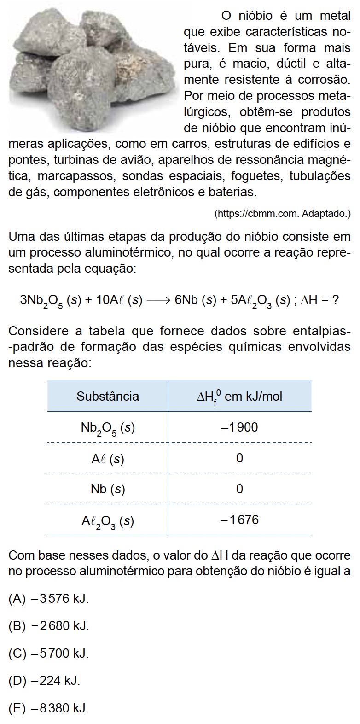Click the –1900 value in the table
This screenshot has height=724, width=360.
pos(239,427)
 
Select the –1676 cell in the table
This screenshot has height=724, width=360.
pos(239,520)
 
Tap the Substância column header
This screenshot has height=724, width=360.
pos(108,396)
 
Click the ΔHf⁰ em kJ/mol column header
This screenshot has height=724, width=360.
pos(239,397)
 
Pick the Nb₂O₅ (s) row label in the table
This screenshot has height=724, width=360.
pos(108,428)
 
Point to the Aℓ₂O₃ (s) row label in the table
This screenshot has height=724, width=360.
pos(108,521)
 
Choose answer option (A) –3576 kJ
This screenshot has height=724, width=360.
pos(48,599)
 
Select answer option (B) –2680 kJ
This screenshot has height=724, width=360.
pos(48,625)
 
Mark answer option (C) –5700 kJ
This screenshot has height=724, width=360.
pos(48,653)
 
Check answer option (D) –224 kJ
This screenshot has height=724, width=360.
pos(44,680)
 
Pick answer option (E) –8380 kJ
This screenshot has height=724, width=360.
pos(48,707)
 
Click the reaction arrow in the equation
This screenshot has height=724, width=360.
pos(158,300)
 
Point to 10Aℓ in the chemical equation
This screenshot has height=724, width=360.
pos(107,300)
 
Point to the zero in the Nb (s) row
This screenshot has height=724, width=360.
pos(239,489)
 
